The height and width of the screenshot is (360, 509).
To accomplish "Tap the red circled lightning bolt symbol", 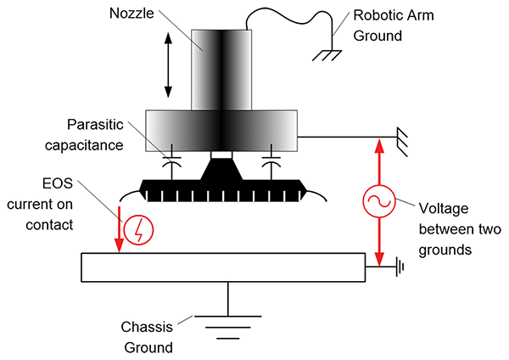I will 138,229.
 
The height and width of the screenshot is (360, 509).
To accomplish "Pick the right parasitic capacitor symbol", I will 271,158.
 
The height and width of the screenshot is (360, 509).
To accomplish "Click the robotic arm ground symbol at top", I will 325,53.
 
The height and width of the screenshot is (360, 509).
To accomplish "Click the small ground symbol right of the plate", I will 398,267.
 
